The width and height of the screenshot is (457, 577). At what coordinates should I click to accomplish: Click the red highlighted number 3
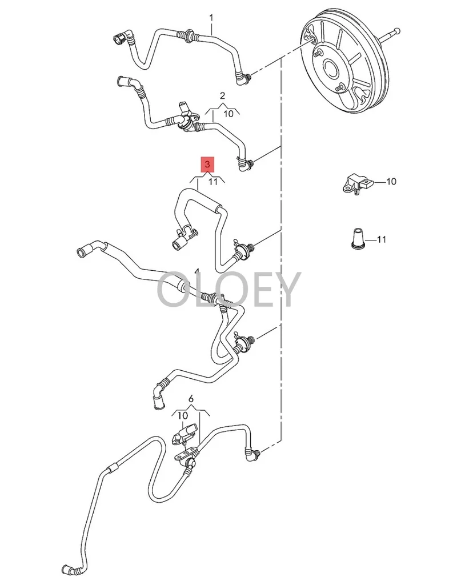tap(207, 165)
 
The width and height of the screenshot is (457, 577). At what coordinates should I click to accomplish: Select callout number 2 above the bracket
tap(222, 95)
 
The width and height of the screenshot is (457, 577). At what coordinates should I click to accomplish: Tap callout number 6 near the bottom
tap(191, 398)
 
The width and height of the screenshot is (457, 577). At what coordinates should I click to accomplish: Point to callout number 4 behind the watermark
tap(197, 270)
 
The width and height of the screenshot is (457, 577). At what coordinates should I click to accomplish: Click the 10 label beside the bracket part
tap(391, 182)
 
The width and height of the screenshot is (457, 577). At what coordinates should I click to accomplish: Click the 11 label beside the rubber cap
tap(381, 239)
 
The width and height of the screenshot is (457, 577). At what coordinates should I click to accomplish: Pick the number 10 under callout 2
tap(228, 113)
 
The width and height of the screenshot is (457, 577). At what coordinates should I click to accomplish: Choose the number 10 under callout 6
tap(182, 415)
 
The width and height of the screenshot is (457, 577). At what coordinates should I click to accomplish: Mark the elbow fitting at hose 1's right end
tap(244, 78)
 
